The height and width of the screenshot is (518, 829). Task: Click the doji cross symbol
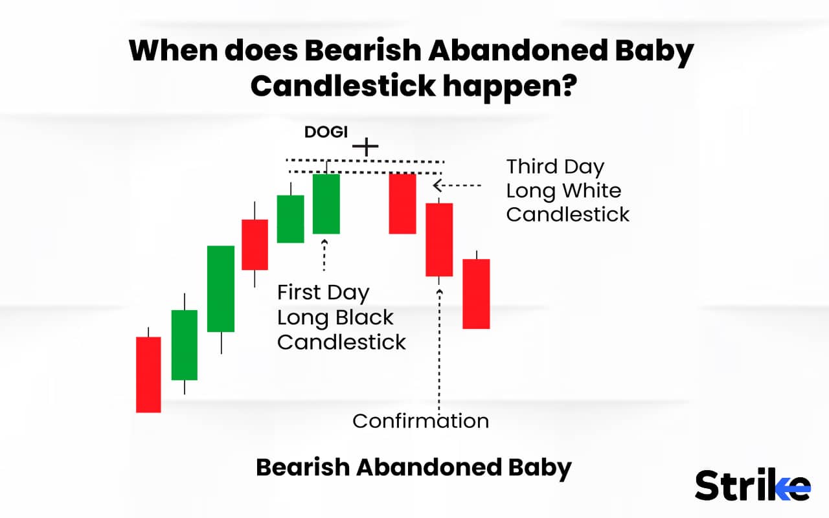coord(366,146)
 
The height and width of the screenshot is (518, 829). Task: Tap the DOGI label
coord(326,132)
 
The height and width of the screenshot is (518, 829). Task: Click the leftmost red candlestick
coord(148,374)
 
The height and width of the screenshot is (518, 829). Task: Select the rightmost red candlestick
coord(476,293)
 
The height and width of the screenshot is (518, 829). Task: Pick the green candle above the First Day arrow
coord(326,203)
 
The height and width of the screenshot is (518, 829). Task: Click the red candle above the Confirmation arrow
coord(439,240)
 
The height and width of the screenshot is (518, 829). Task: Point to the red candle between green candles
coord(255,244)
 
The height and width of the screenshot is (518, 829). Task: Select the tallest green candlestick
coord(221,288)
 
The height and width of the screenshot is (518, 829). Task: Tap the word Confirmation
coord(420,421)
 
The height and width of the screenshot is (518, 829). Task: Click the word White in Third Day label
coord(590,191)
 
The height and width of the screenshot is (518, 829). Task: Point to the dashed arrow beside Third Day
coord(457,186)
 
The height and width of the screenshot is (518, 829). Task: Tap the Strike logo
coord(752,486)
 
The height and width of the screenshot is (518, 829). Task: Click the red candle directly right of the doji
coord(402,203)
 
